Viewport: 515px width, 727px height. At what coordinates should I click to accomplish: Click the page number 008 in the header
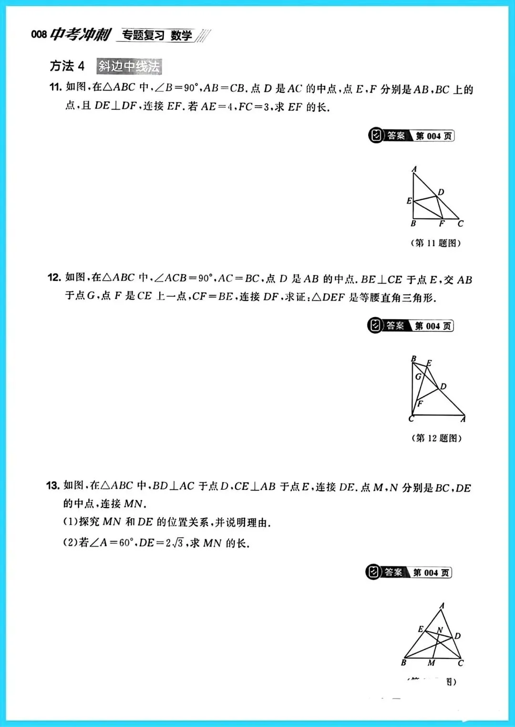click(39, 34)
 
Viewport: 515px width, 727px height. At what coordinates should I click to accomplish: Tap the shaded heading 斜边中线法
click(129, 66)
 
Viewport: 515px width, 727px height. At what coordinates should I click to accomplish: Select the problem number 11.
click(55, 87)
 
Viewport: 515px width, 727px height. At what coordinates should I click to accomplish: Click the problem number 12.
click(54, 277)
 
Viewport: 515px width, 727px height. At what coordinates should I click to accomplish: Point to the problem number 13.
click(53, 486)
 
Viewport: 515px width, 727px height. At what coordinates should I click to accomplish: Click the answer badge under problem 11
click(411, 136)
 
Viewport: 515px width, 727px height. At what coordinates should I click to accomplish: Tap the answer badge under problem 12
click(410, 326)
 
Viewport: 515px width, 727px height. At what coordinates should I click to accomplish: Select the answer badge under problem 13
click(409, 572)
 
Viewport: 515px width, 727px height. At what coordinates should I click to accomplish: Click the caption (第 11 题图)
click(435, 243)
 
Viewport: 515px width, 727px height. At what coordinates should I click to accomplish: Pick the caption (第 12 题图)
click(436, 438)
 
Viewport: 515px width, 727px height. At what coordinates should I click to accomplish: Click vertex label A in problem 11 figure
click(414, 169)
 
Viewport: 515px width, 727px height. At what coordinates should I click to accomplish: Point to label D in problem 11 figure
click(441, 192)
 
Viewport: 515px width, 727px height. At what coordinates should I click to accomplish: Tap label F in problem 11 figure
click(442, 224)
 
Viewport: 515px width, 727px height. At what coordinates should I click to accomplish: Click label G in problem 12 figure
click(418, 377)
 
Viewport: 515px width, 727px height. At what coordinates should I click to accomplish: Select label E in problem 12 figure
click(429, 363)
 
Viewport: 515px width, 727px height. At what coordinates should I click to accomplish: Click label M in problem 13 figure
click(431, 663)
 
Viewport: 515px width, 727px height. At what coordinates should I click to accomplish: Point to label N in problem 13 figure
click(440, 630)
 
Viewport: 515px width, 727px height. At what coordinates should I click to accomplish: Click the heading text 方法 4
click(67, 66)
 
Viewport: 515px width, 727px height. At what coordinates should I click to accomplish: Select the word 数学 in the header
click(181, 35)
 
